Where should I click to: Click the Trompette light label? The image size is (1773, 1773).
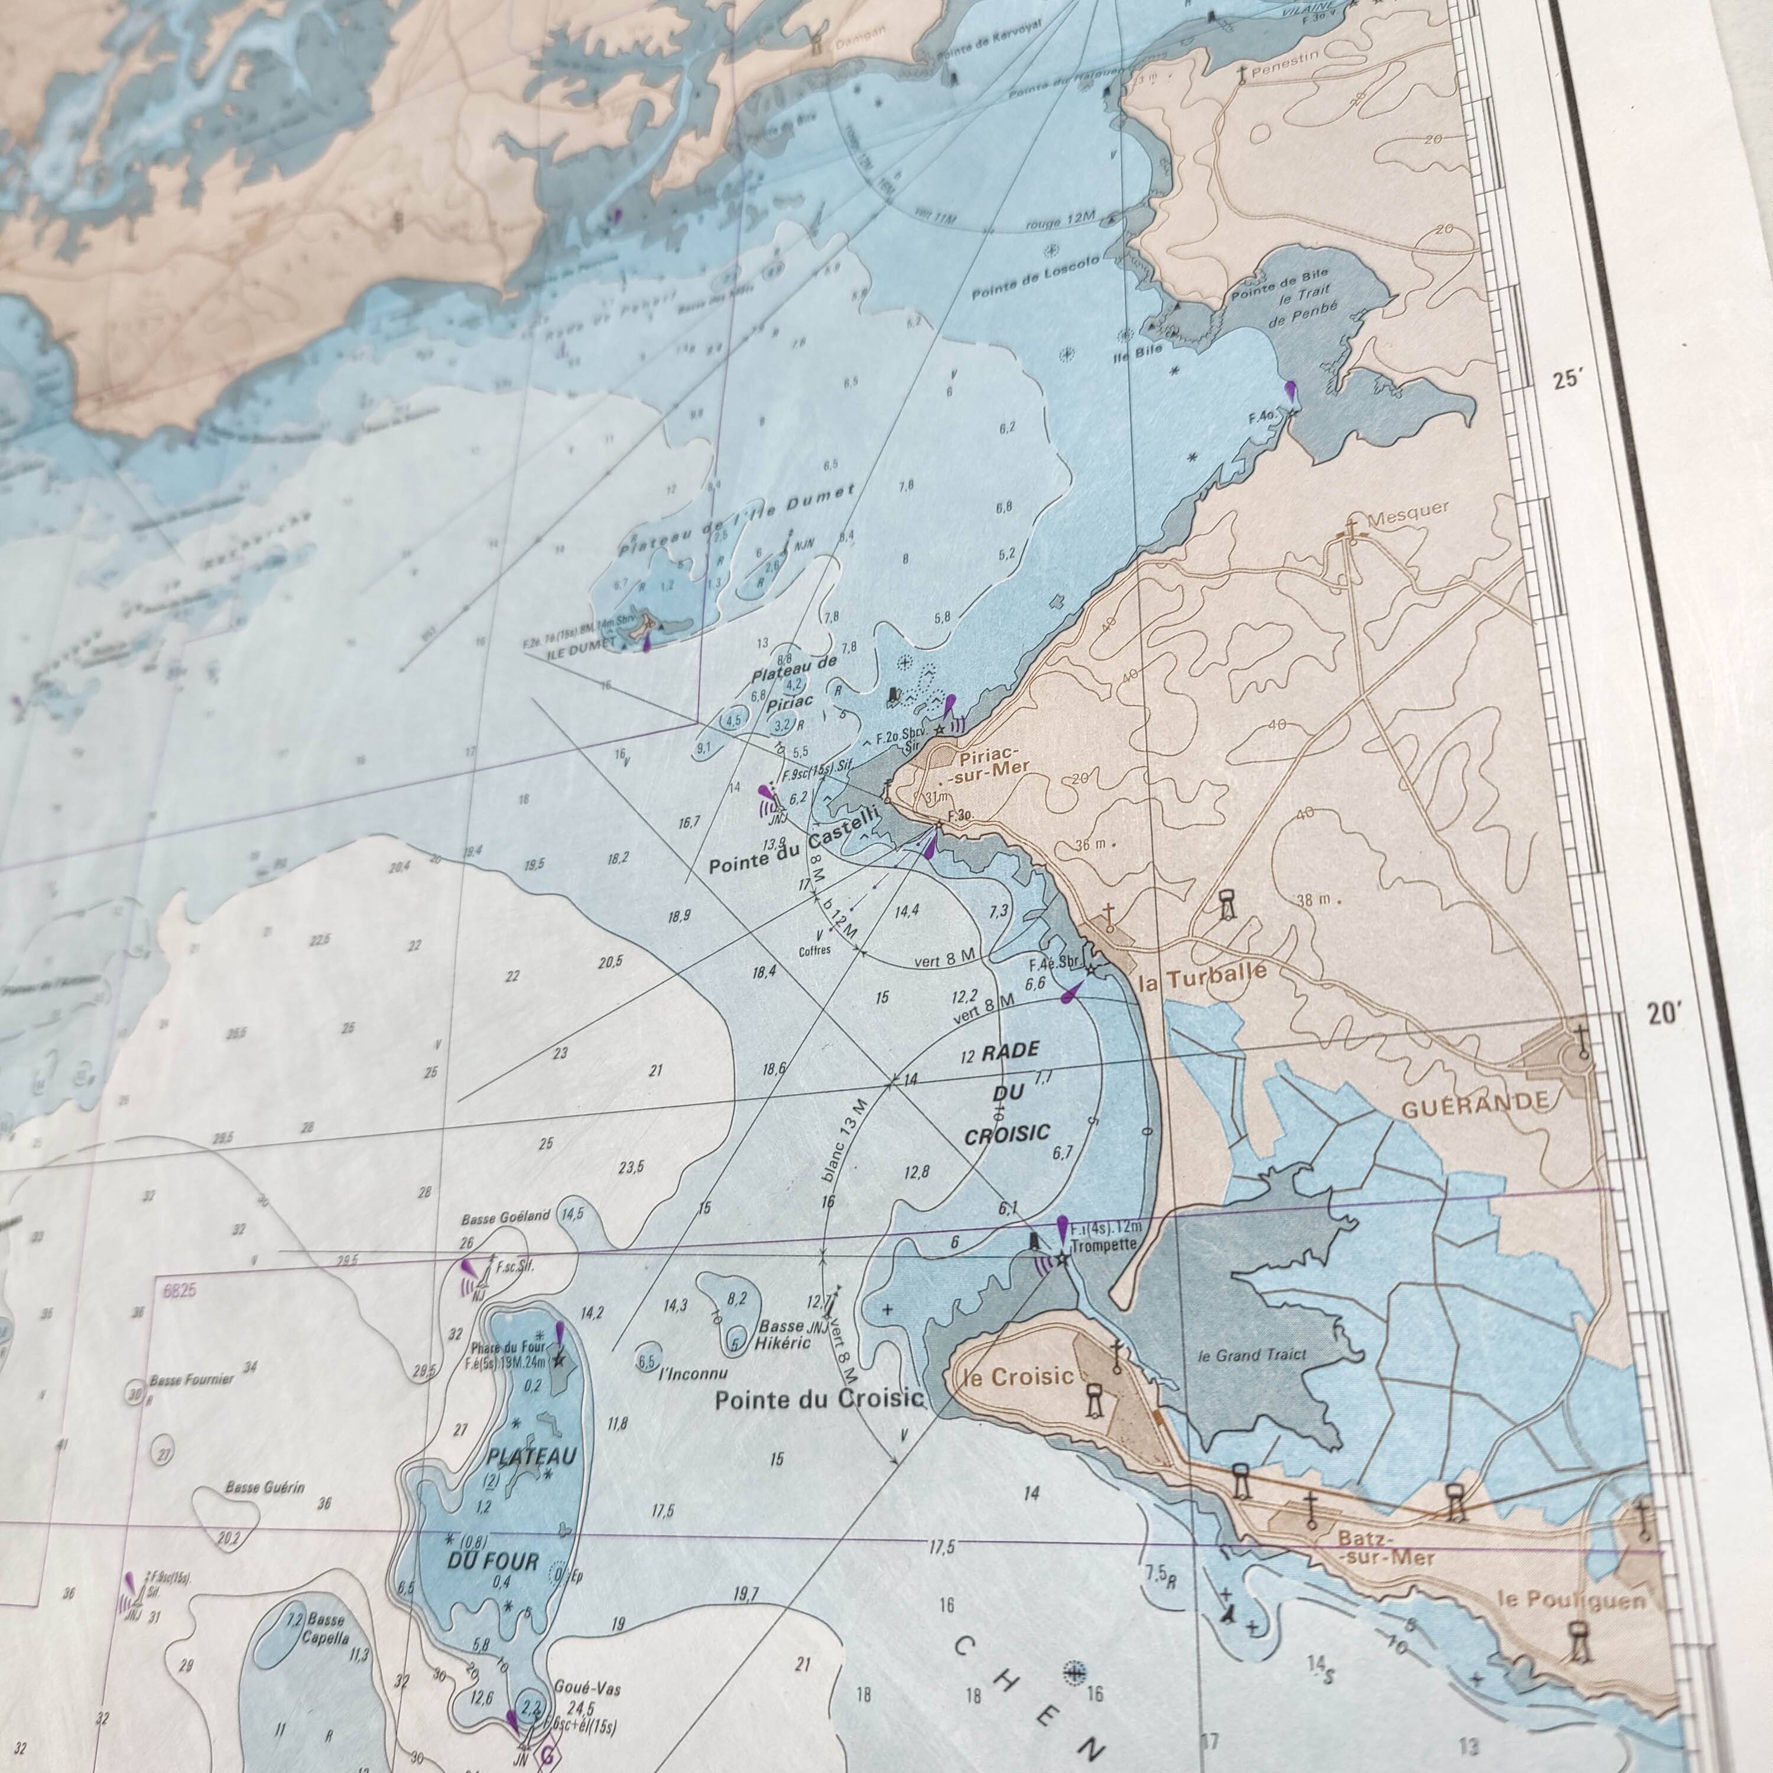click(1105, 1245)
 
